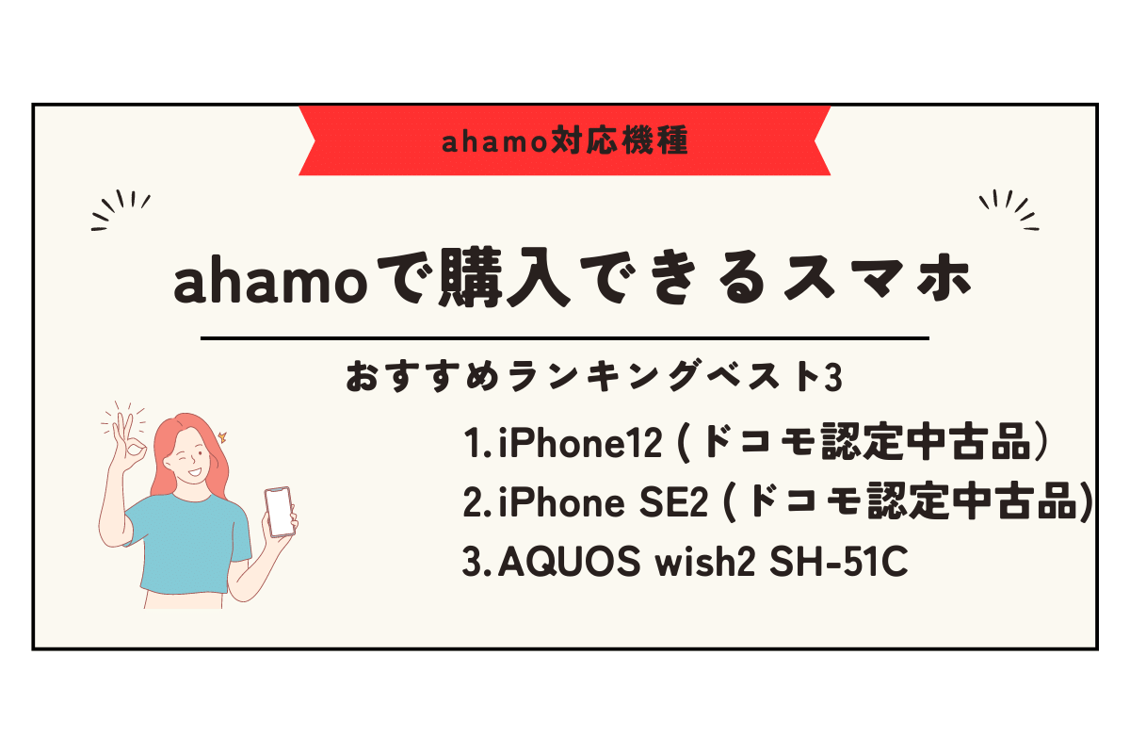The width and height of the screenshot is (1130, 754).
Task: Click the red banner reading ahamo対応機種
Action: pyautogui.click(x=565, y=140)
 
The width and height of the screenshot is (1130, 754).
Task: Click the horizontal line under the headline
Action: pyautogui.click(x=565, y=337)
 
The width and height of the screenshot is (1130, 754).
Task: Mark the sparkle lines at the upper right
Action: pyautogui.click(x=1009, y=209)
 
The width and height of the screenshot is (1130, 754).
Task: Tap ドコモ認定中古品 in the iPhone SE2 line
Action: pyautogui.click(x=909, y=504)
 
